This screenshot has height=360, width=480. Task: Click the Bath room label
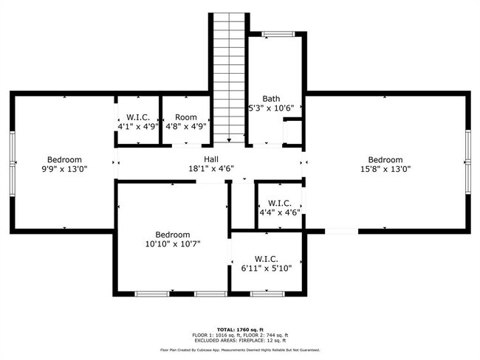point(271,99)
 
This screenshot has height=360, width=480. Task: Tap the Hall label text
point(211,159)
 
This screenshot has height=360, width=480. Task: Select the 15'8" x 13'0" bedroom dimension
point(385,169)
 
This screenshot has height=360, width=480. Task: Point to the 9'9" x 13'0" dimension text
point(64,169)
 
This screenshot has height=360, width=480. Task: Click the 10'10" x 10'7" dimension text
point(173,244)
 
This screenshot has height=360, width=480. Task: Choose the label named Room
point(186,117)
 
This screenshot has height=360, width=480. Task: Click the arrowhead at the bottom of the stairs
point(229,140)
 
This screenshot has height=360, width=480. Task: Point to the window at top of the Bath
point(278,34)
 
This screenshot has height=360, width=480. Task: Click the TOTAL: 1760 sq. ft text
point(240,330)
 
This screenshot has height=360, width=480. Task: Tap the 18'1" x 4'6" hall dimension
point(211,169)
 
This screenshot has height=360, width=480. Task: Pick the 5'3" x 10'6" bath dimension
point(271,108)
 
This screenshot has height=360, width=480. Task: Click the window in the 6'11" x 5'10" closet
point(267,294)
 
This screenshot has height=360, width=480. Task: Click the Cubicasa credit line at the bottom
point(240,350)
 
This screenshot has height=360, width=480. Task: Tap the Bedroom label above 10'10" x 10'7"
point(173,235)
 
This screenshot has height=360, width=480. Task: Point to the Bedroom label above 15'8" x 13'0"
point(385,159)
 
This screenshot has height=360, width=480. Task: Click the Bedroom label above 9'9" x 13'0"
point(64,159)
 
